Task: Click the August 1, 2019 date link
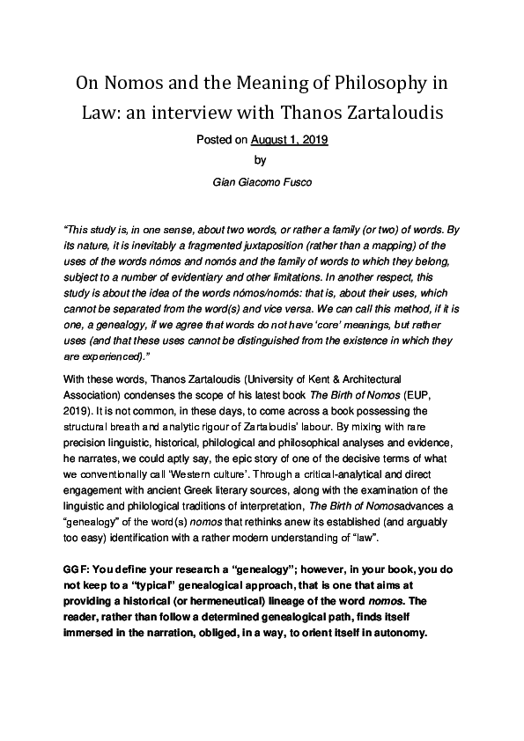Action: coord(290,139)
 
